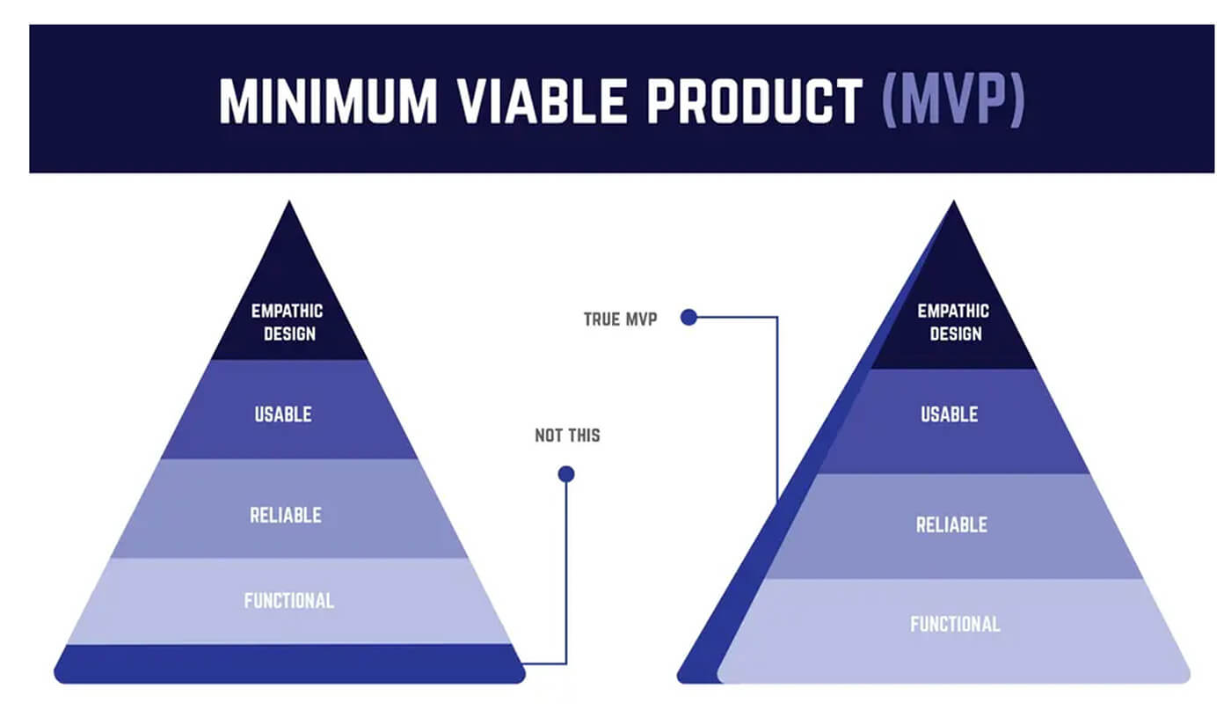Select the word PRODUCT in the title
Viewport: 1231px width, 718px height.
[753, 101]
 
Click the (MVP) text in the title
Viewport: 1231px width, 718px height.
[952, 101]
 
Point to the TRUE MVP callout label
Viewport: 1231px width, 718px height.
[620, 319]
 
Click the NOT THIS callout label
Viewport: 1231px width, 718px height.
[567, 436]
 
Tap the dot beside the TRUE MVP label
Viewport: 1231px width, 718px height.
[688, 318]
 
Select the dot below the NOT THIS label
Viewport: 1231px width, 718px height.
[566, 474]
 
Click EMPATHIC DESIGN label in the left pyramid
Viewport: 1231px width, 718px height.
[288, 322]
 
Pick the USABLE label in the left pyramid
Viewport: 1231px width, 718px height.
[283, 414]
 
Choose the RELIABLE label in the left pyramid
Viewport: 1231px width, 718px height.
[285, 515]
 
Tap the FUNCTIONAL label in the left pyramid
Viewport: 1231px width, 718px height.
[288, 601]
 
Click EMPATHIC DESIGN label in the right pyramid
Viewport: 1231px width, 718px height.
[953, 322]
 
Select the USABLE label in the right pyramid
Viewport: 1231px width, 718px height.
[950, 414]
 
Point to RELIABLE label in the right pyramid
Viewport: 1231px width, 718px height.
[951, 525]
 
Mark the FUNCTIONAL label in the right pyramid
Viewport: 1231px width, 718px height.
[955, 625]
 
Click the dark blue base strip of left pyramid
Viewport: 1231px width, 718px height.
[289, 663]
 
